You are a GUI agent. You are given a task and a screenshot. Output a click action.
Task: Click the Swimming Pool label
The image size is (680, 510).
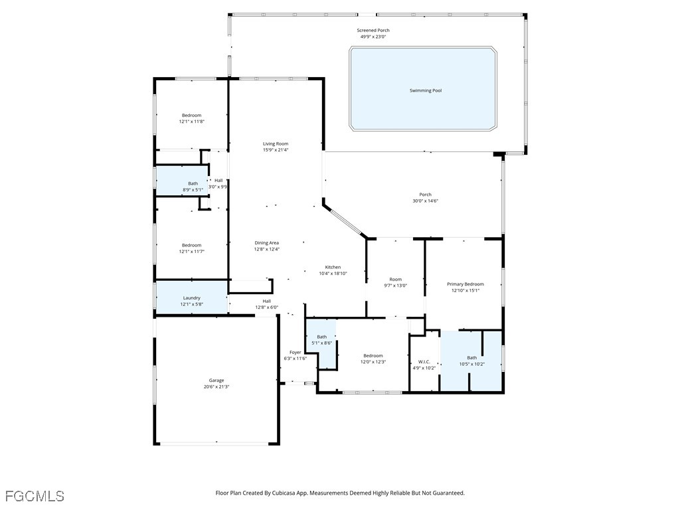(425, 90)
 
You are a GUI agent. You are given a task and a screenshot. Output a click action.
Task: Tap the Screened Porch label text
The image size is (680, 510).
(373, 31)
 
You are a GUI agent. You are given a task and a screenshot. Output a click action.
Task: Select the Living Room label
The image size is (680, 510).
(276, 143)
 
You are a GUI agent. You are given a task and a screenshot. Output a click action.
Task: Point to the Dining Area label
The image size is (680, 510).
(266, 243)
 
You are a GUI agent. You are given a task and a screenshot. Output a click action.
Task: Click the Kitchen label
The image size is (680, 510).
(333, 267)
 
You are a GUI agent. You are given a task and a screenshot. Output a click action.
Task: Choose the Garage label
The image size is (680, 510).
(216, 381)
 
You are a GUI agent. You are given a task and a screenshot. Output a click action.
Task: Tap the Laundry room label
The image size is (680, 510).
(191, 298)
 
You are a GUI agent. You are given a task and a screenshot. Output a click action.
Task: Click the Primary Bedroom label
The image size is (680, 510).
(465, 284)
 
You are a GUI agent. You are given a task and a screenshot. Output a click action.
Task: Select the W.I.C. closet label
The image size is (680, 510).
(424, 362)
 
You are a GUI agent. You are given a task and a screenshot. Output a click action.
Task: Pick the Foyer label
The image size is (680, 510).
(295, 353)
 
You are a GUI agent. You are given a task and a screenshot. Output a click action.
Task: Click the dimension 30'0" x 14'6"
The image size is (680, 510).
(425, 201)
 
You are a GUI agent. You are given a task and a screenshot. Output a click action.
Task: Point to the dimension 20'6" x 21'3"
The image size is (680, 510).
(216, 386)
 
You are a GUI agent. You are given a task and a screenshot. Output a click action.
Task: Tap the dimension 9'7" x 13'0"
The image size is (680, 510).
(396, 286)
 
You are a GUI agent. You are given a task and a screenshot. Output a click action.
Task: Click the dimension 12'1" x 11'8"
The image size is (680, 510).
(191, 122)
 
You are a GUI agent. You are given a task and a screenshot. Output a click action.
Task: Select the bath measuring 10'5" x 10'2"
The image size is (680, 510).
(471, 361)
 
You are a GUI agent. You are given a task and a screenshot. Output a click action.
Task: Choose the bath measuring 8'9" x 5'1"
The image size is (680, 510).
(193, 187)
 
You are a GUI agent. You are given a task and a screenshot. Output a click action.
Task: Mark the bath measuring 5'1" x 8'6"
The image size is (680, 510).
(321, 340)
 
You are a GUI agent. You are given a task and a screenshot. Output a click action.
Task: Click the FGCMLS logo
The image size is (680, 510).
(35, 495)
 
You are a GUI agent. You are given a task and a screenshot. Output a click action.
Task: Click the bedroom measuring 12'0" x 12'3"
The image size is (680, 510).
(373, 359)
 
